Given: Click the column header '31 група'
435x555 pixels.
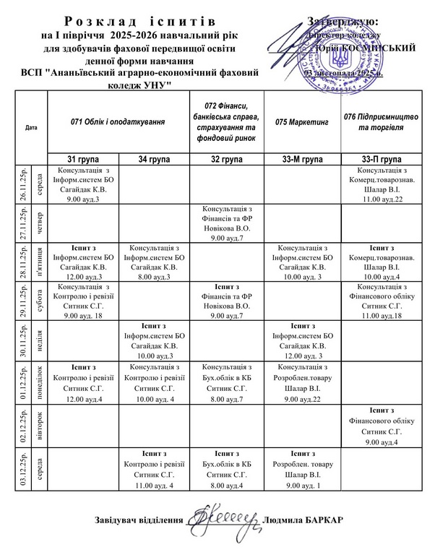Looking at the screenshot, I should point(83,158).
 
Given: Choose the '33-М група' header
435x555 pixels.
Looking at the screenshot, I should point(302,158).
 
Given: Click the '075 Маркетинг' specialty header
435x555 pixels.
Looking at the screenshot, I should point(302,122).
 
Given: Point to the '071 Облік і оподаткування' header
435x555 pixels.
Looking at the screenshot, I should point(119,122).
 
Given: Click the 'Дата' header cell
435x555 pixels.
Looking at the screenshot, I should point(31,128).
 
